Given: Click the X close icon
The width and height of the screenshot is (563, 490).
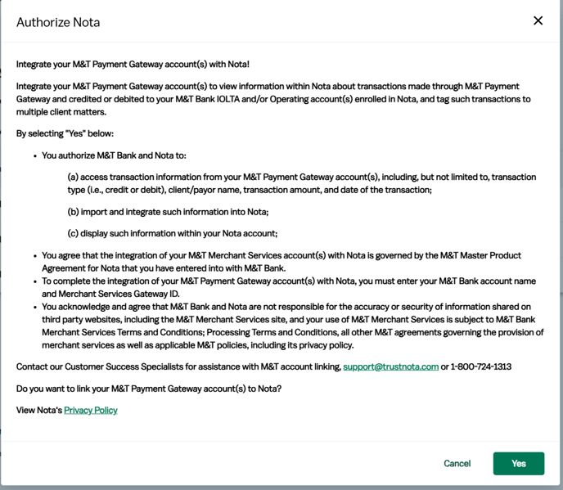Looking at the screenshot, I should click(x=538, y=20).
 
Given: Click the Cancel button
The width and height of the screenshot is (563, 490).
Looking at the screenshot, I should click(x=457, y=463).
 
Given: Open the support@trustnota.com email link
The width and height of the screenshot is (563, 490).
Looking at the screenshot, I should click(x=390, y=366).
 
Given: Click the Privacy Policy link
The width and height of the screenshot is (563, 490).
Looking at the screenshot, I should click(x=91, y=410).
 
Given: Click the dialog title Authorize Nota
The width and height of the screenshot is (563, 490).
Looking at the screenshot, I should click(x=58, y=22).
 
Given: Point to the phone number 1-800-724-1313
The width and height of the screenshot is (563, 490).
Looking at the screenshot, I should click(x=481, y=366).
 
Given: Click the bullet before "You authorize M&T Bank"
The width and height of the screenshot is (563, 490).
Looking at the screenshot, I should click(x=34, y=155).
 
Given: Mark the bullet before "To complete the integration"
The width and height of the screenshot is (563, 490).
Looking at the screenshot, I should click(x=34, y=281).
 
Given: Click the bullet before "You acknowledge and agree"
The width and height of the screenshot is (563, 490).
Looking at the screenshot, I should click(x=34, y=307).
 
